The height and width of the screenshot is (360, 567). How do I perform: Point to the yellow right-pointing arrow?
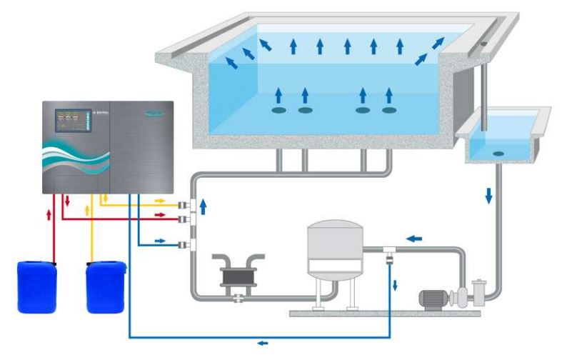160,201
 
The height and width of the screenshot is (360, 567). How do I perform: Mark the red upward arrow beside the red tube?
49,215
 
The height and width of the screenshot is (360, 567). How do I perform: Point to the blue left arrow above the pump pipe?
413,239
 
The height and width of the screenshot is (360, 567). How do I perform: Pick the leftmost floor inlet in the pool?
280,110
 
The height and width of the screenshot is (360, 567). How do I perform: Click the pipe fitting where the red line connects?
184,217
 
